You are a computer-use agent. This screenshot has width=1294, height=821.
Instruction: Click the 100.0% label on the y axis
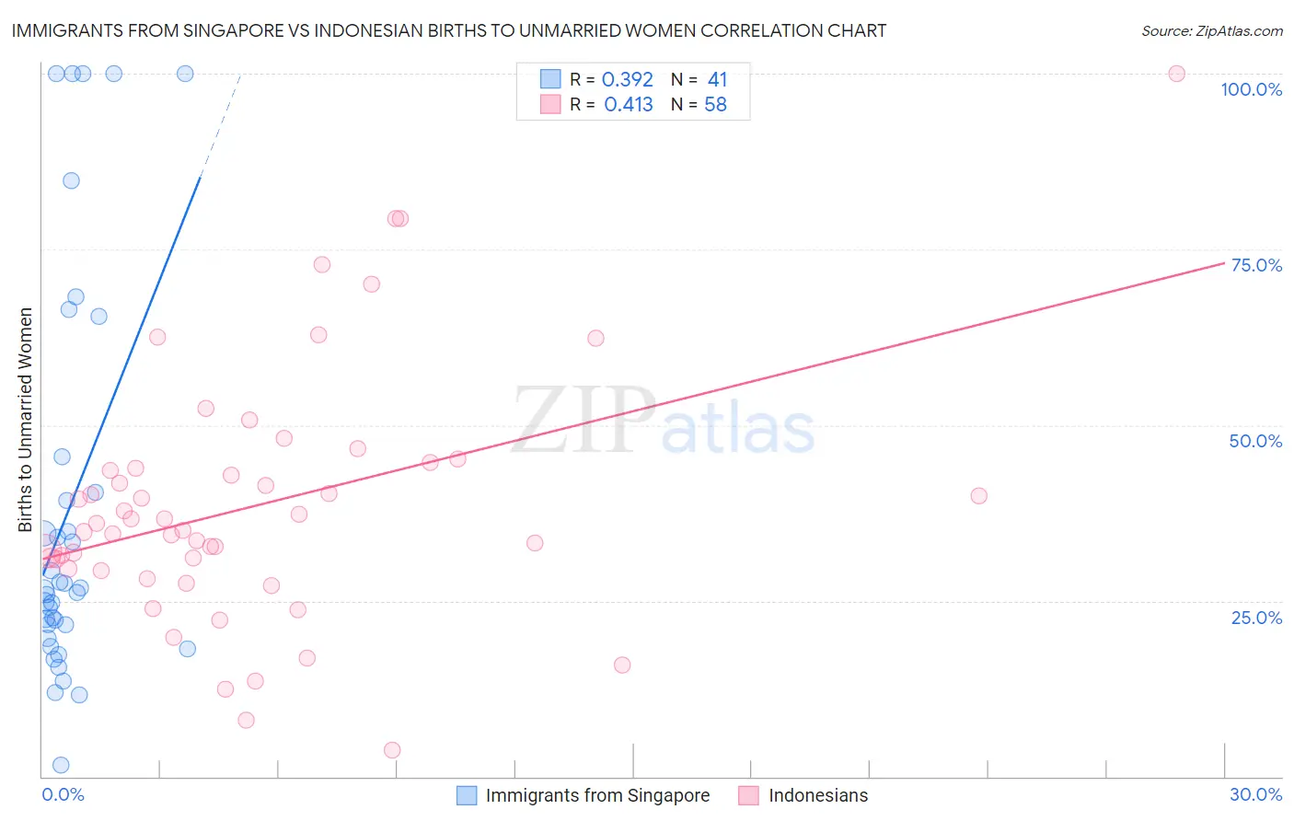[x=1251, y=89]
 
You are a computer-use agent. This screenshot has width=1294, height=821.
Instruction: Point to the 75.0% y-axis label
[x=1256, y=265]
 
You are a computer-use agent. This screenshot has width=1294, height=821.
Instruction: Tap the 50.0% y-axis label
[x=1255, y=441]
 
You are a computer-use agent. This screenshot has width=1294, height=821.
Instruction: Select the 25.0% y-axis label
[x=1256, y=618]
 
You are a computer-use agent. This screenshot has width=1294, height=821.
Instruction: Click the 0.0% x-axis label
[x=63, y=794]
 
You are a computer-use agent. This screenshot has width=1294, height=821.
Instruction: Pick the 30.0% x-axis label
[x=1255, y=794]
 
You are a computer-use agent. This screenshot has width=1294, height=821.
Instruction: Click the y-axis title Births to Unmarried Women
[x=26, y=420]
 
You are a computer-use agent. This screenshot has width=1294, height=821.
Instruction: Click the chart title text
[x=449, y=30]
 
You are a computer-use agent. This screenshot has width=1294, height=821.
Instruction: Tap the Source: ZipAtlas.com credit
[x=1211, y=31]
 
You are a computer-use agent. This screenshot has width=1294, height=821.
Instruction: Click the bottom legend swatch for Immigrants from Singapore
[x=468, y=795]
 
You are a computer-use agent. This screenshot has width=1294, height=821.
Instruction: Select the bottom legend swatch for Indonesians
[x=748, y=795]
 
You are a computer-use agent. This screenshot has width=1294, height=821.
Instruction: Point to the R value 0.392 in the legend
[x=627, y=80]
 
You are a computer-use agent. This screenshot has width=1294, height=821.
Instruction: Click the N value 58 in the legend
[x=715, y=105]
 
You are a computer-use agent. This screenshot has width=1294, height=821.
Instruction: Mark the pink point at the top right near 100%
[x=1176, y=74]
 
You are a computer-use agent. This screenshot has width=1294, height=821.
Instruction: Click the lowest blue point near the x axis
[x=61, y=765]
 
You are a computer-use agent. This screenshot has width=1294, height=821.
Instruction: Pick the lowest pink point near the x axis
[x=392, y=750]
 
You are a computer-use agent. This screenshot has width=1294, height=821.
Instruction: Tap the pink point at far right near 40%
[x=978, y=496]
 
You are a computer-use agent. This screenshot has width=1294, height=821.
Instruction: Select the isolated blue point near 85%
[x=71, y=180]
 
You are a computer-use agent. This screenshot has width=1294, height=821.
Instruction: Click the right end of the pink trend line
[x=1224, y=263]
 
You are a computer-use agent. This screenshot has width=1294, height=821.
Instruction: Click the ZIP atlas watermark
[x=663, y=421]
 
